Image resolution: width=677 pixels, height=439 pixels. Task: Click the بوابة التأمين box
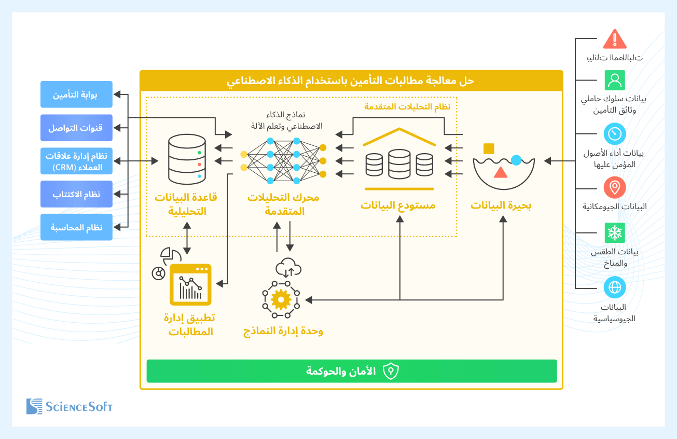pos(76,94)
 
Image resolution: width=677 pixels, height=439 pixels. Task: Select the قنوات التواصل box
pos(76,128)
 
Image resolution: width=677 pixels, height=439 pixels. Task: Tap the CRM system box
pos(76,161)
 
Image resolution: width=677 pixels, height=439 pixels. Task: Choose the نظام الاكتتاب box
pos(76,194)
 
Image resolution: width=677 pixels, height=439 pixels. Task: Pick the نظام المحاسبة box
pos(76,227)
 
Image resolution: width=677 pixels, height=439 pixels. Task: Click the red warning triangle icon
pos(615,39)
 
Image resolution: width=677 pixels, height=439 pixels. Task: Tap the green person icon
pos(615,80)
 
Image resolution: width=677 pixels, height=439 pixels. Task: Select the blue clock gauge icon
pos(615,134)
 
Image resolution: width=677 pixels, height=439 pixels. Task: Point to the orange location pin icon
pos(615,187)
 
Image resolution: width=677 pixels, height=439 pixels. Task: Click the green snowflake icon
pos(615,233)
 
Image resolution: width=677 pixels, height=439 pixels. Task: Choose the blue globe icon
pos(615,287)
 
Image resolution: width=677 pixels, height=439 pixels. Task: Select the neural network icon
pos(283,161)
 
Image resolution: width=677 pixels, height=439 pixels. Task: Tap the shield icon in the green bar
pos(391,371)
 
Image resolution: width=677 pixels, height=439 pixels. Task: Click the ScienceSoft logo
pos(70,406)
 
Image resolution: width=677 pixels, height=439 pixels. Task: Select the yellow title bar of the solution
pos(351,81)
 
